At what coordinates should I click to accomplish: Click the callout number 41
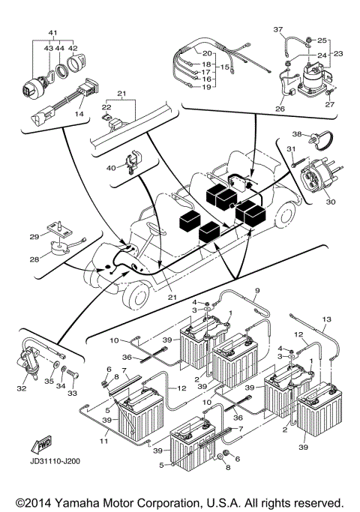pyautogui.click(x=53, y=34)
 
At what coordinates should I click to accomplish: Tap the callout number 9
pyautogui.click(x=256, y=290)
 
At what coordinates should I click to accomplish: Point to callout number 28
pyautogui.click(x=34, y=259)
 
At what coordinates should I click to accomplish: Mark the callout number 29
pyautogui.click(x=34, y=237)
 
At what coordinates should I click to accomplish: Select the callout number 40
pyautogui.click(x=112, y=167)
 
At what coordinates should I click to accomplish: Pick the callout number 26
pyautogui.click(x=280, y=109)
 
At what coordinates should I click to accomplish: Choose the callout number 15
pyautogui.click(x=223, y=67)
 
